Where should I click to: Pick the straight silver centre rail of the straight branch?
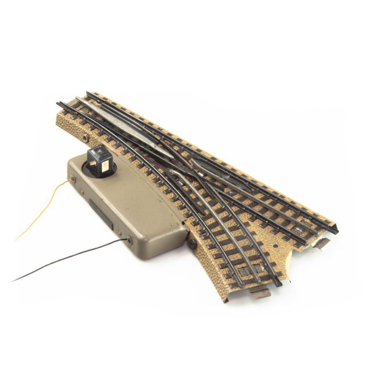pos(261,192)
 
